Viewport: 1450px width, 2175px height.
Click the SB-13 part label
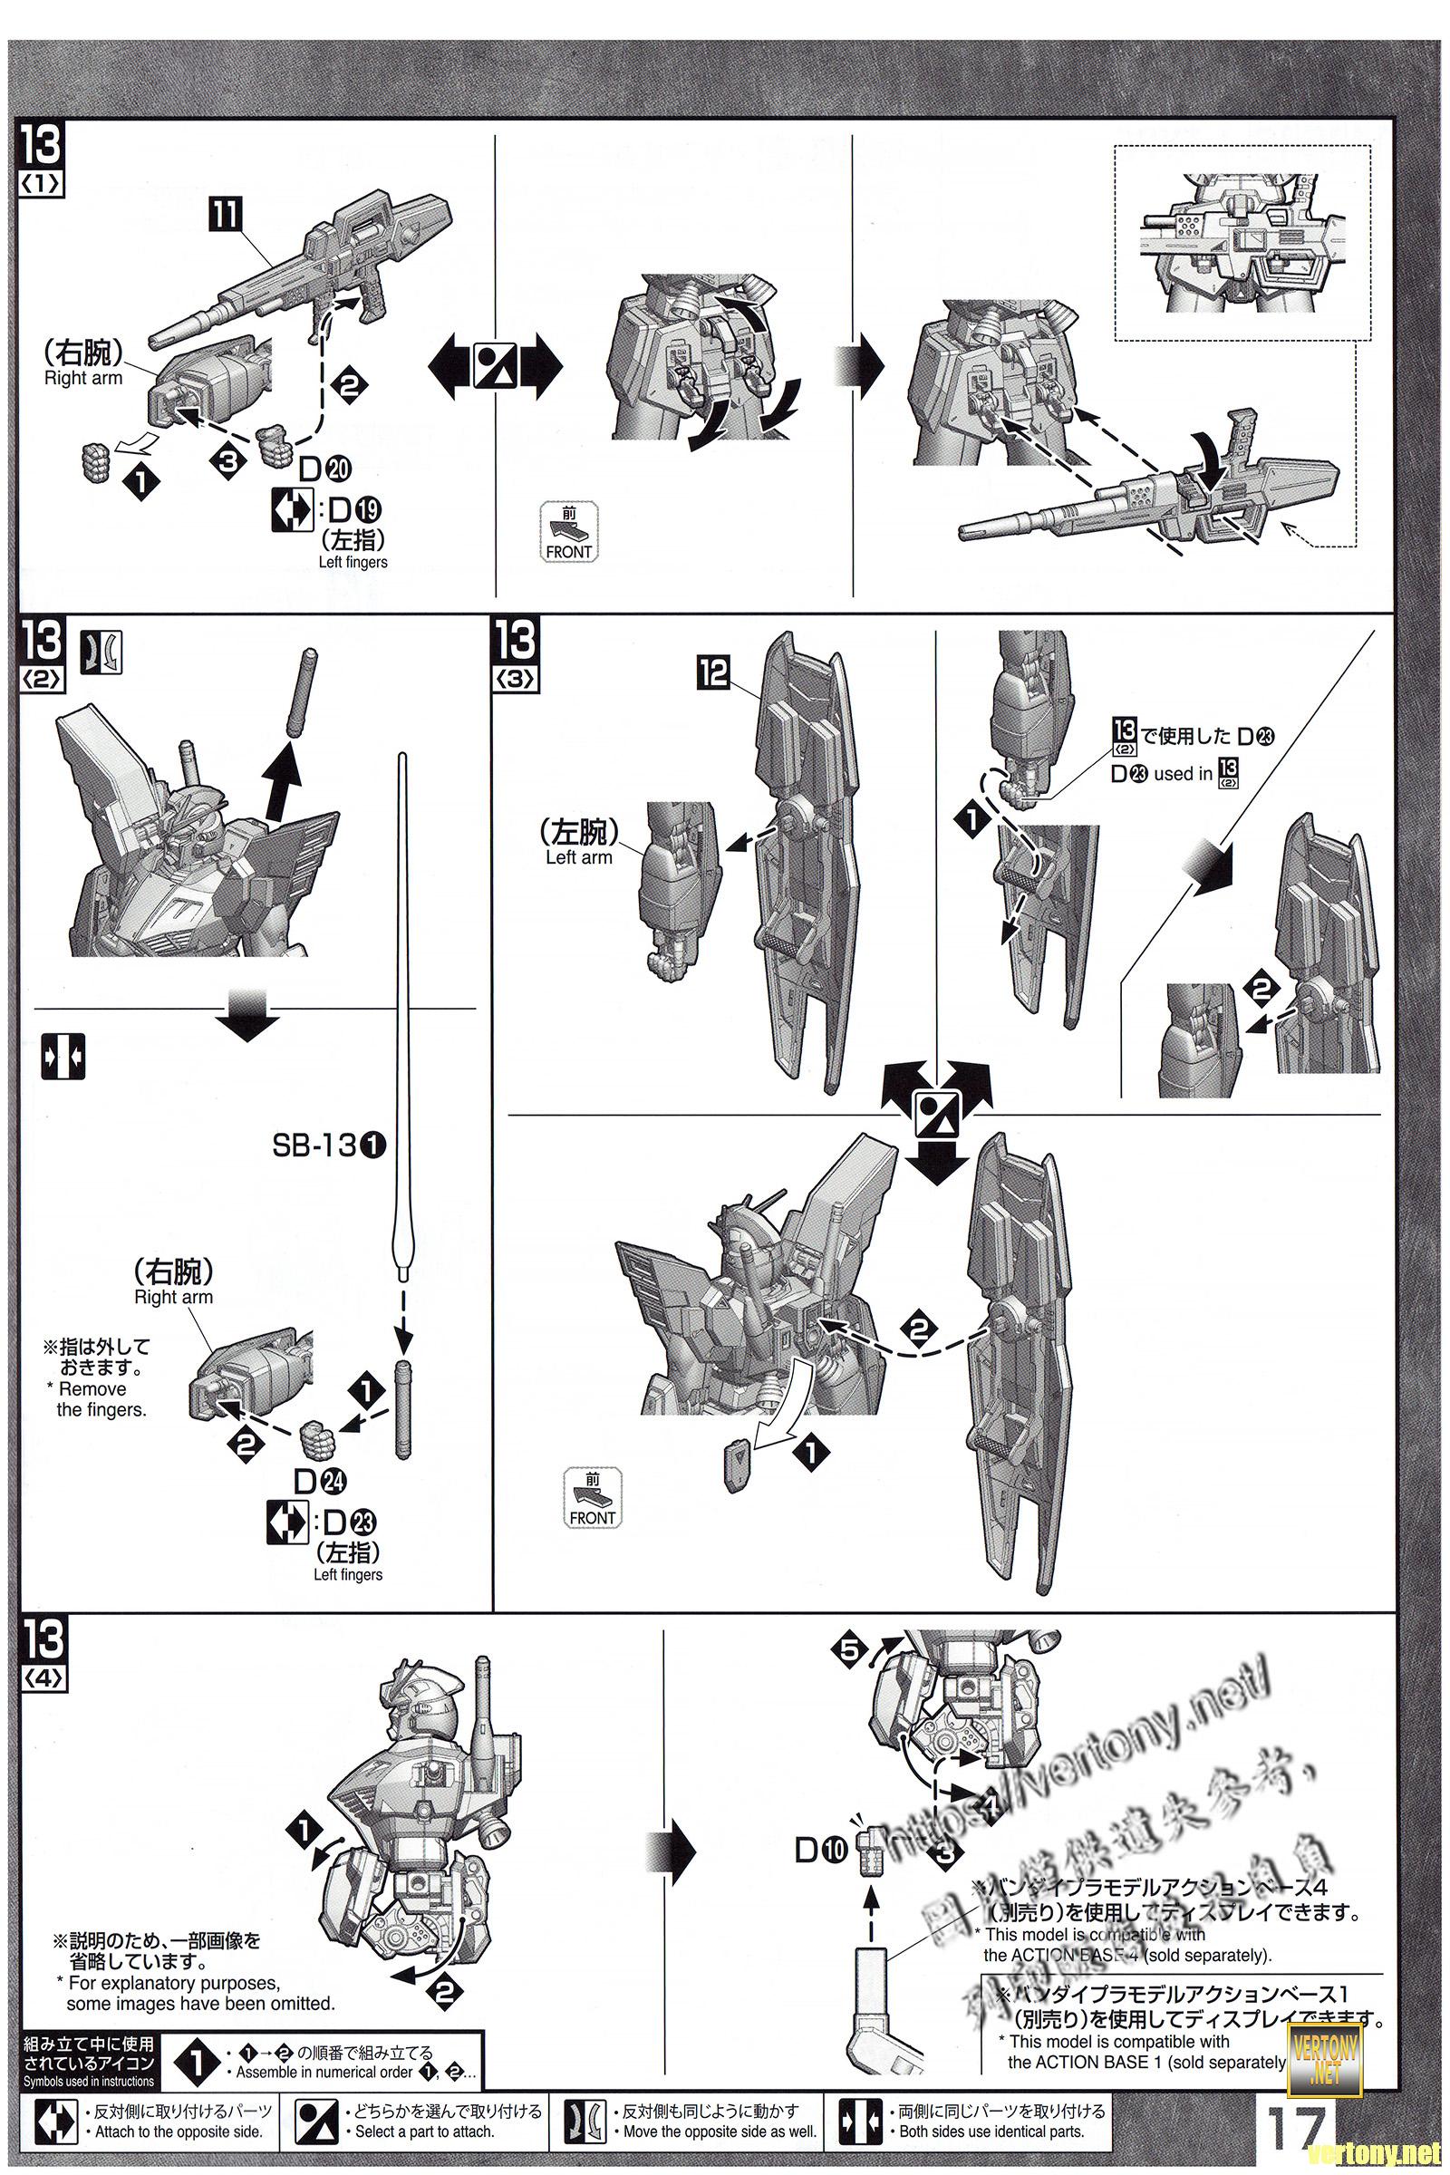[328, 1145]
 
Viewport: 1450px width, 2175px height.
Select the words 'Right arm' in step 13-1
[83, 378]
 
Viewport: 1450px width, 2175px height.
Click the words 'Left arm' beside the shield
[579, 857]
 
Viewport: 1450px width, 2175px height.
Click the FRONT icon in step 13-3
[593, 1499]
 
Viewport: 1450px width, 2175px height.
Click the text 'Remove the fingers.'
[101, 1399]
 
